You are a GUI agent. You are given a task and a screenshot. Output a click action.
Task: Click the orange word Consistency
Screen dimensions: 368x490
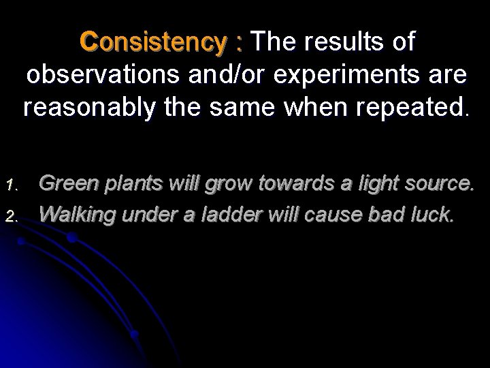[x=155, y=42]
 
